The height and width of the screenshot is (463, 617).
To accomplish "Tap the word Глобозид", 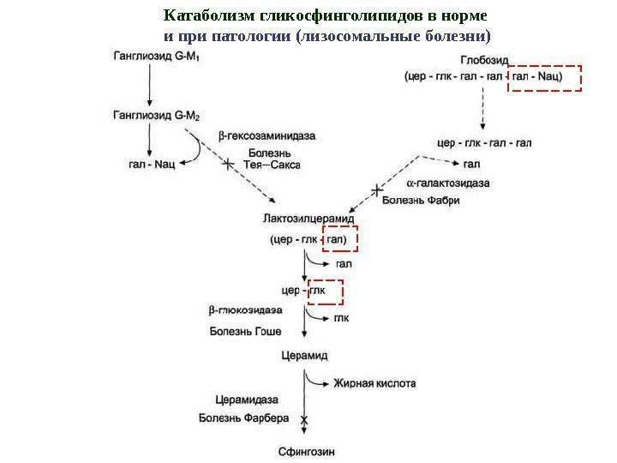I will [484, 60].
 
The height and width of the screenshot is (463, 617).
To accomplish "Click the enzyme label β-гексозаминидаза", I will [267, 135].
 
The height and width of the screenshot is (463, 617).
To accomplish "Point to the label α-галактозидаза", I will [448, 183].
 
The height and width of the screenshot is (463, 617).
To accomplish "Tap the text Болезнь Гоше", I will [245, 330].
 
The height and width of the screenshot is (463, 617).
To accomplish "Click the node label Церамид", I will [304, 354].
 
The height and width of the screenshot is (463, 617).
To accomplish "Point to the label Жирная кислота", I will [374, 384].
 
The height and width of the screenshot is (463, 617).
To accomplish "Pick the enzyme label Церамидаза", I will [246, 400].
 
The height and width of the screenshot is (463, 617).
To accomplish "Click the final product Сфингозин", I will [306, 451].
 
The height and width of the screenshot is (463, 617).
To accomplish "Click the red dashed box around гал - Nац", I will [545, 77].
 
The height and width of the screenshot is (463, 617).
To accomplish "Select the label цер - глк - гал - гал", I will [484, 143].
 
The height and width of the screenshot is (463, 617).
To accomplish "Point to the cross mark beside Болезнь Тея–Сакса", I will [228, 164].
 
